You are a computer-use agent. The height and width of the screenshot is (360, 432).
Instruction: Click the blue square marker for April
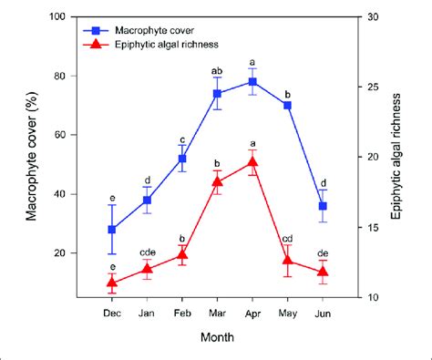[252, 82]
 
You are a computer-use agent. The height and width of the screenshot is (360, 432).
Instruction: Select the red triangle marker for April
[252, 162]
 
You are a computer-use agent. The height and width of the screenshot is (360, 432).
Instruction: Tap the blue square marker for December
[112, 230]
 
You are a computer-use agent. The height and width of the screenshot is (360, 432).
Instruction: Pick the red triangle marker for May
[288, 261]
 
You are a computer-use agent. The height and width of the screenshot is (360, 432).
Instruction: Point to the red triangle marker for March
[218, 181]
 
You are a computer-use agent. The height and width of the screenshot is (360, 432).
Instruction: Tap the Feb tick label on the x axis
[182, 312]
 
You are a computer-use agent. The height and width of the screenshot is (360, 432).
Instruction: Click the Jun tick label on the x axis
[323, 312]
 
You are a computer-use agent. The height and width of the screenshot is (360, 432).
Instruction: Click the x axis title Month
[218, 336]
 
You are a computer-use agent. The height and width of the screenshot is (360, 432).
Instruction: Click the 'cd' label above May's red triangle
[288, 239]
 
